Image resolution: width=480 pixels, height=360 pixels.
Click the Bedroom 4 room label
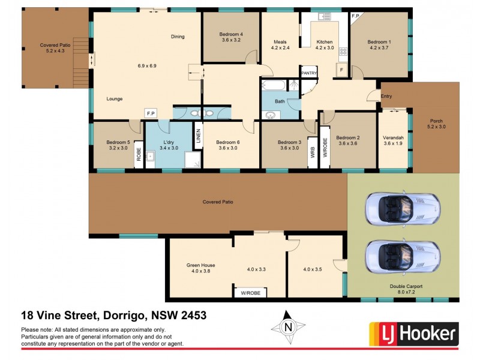pos(232,34)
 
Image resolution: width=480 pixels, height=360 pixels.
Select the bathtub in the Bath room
pos(275,85)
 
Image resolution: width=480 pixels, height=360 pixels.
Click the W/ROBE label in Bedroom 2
pos(325,148)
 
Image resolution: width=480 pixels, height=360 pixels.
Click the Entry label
pos(386,95)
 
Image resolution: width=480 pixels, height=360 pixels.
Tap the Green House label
pos(200,265)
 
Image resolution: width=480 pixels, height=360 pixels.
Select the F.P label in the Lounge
pos(149,112)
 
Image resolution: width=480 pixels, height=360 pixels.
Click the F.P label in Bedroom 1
pos(355,16)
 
